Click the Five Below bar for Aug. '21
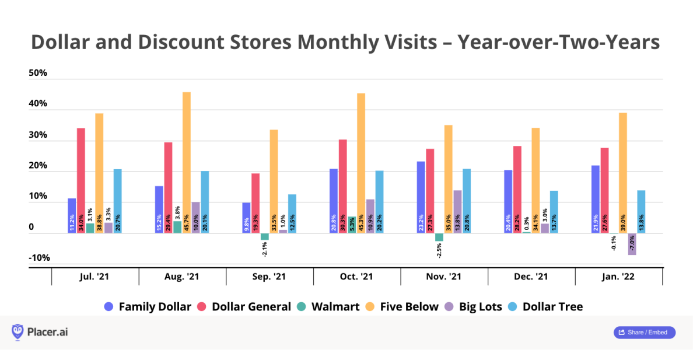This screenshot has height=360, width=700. [187, 163]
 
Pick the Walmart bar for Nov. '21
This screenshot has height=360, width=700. [439, 237]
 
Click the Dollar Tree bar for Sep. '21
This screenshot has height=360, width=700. [292, 214]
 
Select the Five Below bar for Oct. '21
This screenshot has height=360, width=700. [361, 163]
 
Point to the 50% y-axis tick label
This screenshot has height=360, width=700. [38, 74]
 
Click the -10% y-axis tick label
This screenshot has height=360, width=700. [38, 258]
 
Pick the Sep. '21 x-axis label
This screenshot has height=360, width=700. [269, 277]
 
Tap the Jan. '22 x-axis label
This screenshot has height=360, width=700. [619, 277]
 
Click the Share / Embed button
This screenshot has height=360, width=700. [645, 333]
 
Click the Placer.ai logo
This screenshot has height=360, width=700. [39, 332]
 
